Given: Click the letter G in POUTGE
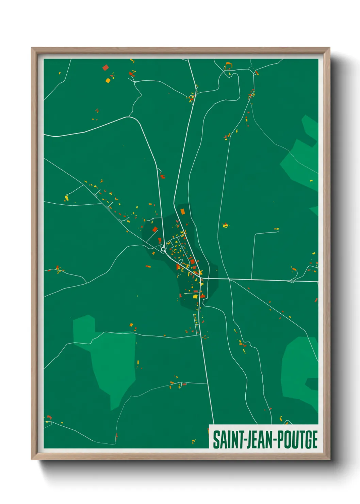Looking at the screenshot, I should [307, 440].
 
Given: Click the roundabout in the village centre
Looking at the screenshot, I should [163, 249].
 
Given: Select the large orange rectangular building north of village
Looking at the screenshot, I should [182, 211].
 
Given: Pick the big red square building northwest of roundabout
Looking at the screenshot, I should [155, 230].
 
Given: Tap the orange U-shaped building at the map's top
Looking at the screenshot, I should [228, 65].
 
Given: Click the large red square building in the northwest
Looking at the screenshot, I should [105, 67].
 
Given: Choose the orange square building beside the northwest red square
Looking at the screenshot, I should [108, 81].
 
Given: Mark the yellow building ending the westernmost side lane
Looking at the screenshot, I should [67, 198].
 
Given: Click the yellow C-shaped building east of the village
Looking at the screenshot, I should [225, 225].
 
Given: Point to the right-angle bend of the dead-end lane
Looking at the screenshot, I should [255, 234].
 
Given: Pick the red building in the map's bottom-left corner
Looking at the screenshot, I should [49, 417].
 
